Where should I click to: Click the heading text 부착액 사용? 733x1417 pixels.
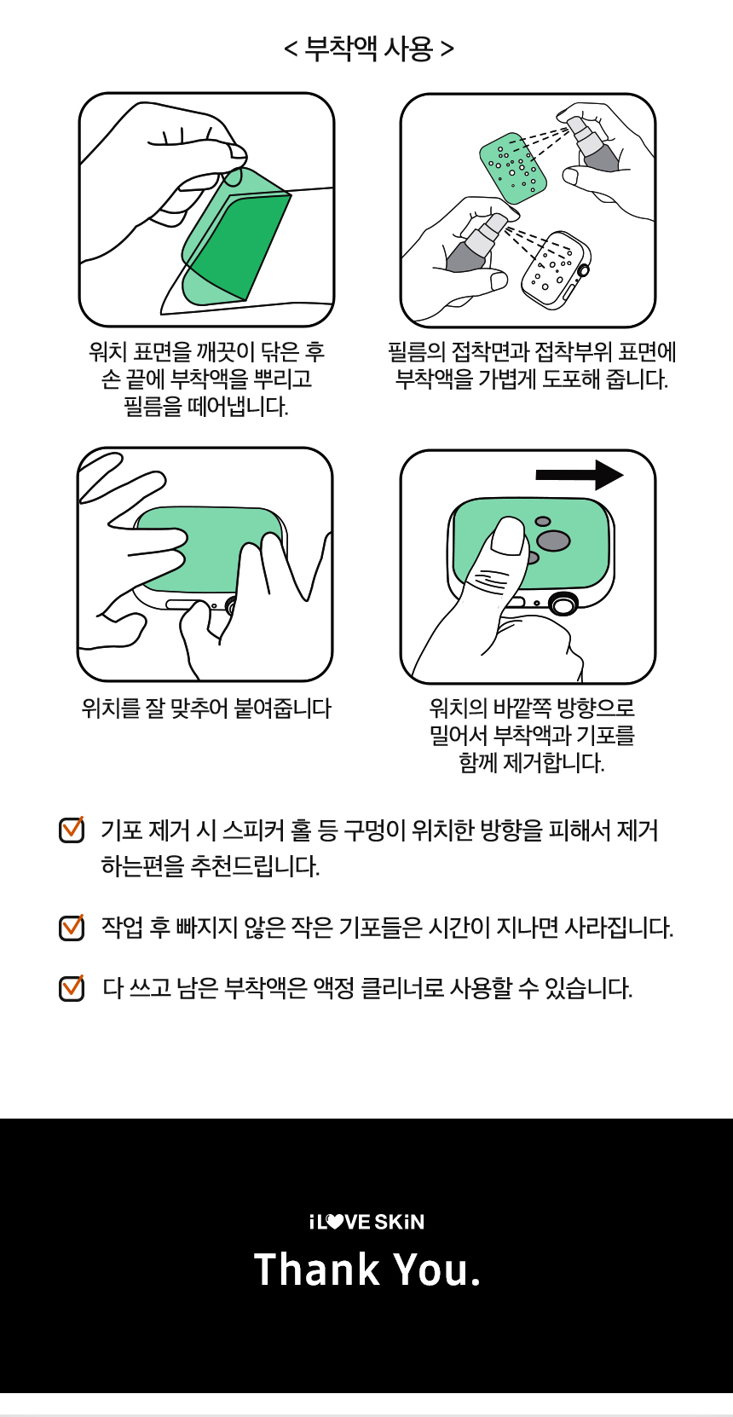click(x=369, y=49)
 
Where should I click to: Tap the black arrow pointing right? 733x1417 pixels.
click(x=580, y=475)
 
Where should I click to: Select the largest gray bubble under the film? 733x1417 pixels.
click(x=553, y=541)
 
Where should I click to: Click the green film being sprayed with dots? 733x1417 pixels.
click(x=513, y=168)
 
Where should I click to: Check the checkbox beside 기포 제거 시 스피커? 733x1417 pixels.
click(x=72, y=830)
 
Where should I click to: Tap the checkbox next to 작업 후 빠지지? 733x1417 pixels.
click(x=72, y=928)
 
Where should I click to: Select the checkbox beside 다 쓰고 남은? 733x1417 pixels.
click(x=72, y=988)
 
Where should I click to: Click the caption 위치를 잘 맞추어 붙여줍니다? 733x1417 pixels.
click(x=207, y=708)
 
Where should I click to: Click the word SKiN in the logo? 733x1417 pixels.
click(x=399, y=1222)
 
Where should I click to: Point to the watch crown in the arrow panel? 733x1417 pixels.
click(x=563, y=604)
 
